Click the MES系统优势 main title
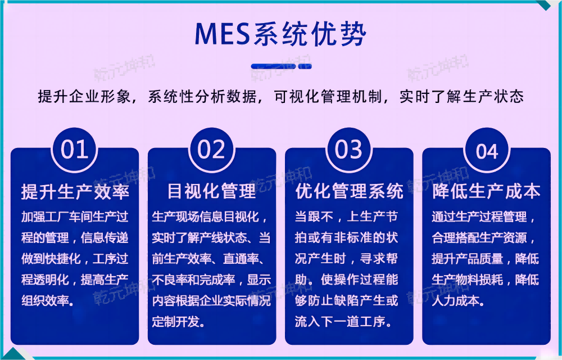280,35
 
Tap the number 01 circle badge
75,150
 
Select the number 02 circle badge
211,150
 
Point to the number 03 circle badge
348,150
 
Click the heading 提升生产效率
75,191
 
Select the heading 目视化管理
211,191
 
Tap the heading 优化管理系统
349,191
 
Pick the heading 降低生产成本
487,191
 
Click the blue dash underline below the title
280,66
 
